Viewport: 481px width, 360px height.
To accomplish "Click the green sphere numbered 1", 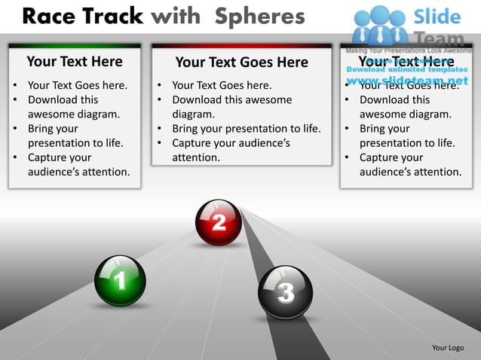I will [120, 281].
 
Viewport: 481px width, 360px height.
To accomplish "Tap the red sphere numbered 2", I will [219, 222].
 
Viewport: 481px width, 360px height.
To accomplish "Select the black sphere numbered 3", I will [284, 292].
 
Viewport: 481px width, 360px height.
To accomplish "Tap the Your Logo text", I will [448, 347].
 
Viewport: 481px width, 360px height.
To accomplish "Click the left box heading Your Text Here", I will [74, 62].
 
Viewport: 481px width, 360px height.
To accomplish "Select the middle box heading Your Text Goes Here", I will [241, 63].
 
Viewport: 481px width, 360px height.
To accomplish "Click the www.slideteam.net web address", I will [407, 81].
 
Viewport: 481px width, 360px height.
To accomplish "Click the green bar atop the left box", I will [74, 46].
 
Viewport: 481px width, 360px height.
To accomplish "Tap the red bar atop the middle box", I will [241, 46].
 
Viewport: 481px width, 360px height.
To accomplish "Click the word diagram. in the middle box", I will [194, 114].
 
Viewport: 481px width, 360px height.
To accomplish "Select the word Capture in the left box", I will [48, 157].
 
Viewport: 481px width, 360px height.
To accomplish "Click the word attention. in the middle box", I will [196, 157].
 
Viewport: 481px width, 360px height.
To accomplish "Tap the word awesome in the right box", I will [383, 114].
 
